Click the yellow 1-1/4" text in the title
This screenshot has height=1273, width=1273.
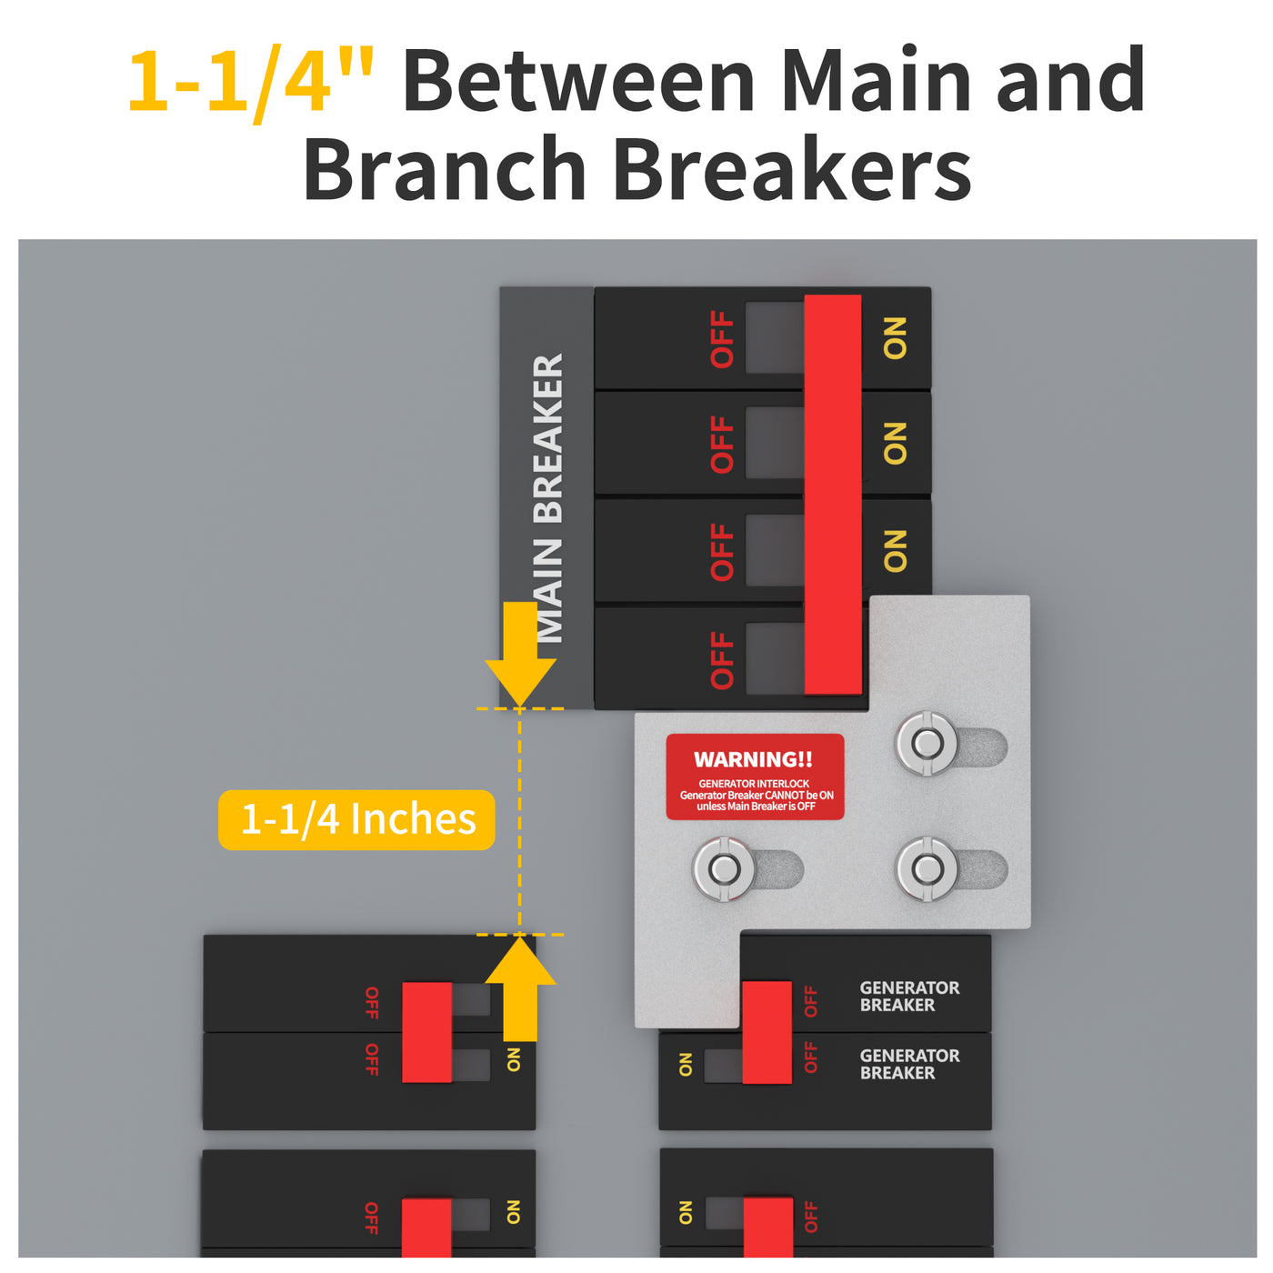click(250, 82)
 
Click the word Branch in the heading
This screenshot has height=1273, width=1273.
click(444, 170)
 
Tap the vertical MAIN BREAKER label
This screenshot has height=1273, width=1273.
click(548, 497)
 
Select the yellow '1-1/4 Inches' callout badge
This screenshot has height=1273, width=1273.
click(356, 819)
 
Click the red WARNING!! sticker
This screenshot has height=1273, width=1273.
click(755, 777)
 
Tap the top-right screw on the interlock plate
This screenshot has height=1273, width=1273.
click(927, 744)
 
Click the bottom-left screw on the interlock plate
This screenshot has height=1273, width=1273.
click(724, 869)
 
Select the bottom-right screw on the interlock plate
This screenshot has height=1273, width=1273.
click(927, 869)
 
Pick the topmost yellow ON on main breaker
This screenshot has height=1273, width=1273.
click(896, 338)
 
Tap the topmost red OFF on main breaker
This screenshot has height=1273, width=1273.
click(722, 339)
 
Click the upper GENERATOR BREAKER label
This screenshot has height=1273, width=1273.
click(909, 996)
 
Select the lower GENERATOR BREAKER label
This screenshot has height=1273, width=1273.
click(909, 1064)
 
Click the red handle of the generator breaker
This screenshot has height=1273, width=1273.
click(767, 1032)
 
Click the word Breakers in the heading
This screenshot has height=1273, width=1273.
click(792, 170)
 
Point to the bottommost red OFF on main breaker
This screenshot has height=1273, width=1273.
click(722, 660)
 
